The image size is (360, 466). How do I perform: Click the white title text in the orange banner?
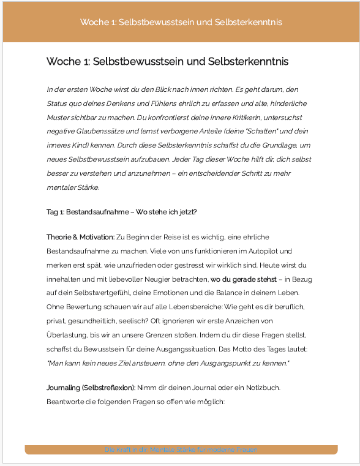click(x=181, y=22)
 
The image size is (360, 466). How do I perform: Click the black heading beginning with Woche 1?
click(x=167, y=62)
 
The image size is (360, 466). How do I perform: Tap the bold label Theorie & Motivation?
click(x=80, y=237)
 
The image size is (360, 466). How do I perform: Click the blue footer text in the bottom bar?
click(x=181, y=449)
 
